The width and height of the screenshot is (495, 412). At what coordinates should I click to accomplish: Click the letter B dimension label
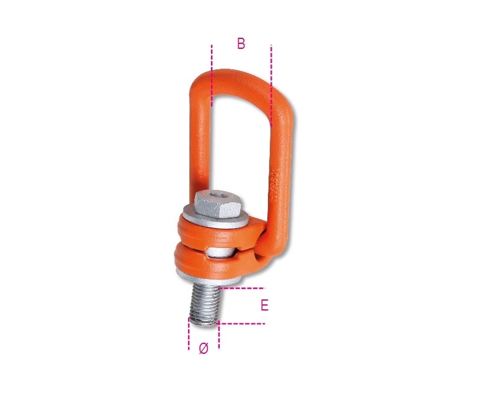point(241,43)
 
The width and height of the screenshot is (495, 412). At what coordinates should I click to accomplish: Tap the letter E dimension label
point(265,306)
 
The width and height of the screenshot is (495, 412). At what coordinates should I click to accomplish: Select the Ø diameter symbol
point(204,348)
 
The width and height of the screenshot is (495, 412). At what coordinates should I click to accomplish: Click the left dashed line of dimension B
point(212,75)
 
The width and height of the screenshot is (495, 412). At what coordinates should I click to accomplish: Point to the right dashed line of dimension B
point(271,86)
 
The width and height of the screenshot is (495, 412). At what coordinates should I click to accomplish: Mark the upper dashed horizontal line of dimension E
point(241,288)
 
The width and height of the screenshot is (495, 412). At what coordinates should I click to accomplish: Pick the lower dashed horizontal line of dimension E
point(241,324)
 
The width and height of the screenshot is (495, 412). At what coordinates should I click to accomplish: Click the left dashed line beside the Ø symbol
point(189,333)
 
